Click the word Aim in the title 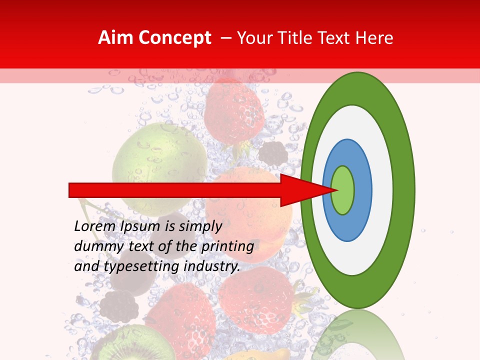click(116, 38)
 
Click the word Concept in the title click(174, 38)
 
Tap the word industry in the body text click(212, 266)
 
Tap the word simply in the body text click(200, 227)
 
